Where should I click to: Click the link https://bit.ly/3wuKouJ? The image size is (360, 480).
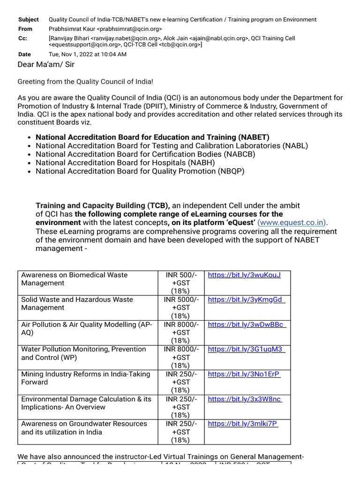(x=244, y=275)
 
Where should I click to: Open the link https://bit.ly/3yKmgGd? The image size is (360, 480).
(x=246, y=300)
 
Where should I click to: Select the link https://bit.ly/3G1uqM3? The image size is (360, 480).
(x=246, y=349)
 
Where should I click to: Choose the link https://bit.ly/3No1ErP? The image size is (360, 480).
(x=244, y=374)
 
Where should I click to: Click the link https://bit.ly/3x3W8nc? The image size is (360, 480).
(x=245, y=399)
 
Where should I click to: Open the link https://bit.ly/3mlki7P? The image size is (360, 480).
(x=243, y=424)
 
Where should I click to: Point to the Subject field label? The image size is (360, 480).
(x=29, y=20)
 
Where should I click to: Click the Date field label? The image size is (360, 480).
(x=24, y=54)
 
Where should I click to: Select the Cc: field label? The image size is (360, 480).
(x=23, y=38)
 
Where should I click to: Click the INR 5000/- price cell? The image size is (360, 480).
(x=181, y=307)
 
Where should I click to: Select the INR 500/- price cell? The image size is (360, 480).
(x=181, y=283)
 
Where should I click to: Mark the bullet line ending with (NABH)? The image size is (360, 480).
(x=125, y=163)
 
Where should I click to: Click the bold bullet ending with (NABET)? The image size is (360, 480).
(x=152, y=137)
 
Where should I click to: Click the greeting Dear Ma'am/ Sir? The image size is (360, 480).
(x=46, y=64)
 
